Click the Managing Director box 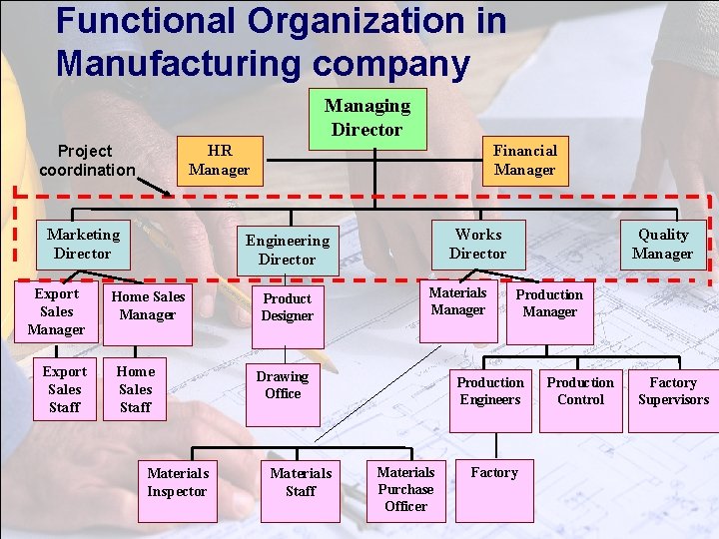point(366,118)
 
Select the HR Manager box point(220,160)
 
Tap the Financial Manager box point(524,160)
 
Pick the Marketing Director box point(83,244)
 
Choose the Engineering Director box point(287,250)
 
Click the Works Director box point(477,244)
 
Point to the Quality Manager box point(663,244)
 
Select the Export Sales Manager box point(56,311)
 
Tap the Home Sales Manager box point(148,305)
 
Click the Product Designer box point(287,306)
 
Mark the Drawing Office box point(283,384)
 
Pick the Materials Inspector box point(177,482)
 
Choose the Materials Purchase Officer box point(405,489)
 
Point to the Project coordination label point(85,160)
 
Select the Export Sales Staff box point(65,389)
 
